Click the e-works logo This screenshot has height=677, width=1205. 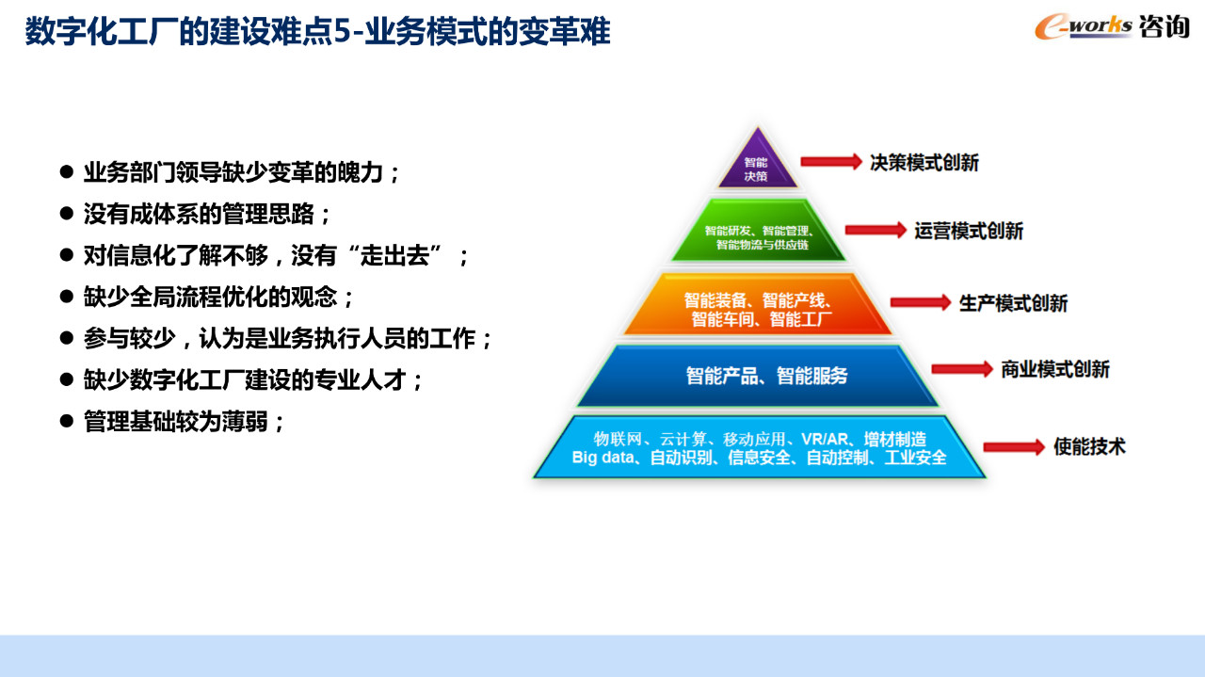click(x=1112, y=26)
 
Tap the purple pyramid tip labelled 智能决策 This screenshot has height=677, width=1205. click(x=758, y=161)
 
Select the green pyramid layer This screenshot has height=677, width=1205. click(x=759, y=231)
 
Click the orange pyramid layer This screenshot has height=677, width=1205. click(x=759, y=304)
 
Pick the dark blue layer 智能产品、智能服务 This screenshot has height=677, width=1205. click(x=759, y=376)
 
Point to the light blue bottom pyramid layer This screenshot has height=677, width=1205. click(x=759, y=446)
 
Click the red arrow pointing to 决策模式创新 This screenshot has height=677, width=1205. click(x=831, y=161)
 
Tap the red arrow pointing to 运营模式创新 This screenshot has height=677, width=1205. click(x=876, y=231)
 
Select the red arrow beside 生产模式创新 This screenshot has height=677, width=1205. click(x=921, y=302)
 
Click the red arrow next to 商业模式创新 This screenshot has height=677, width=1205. click(x=962, y=369)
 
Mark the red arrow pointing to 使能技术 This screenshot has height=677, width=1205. click(x=1014, y=447)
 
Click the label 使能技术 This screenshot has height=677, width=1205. click(x=1089, y=446)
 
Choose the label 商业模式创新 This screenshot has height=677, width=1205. click(x=1055, y=369)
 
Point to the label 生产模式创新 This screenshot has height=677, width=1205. click(x=1014, y=303)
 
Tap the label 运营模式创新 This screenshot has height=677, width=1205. click(x=969, y=231)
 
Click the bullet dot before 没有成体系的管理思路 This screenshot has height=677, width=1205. click(x=67, y=213)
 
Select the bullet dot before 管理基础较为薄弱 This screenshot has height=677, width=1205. click(x=67, y=420)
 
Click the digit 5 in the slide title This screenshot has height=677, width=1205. click(x=343, y=31)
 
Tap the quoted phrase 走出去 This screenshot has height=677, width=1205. click(x=394, y=255)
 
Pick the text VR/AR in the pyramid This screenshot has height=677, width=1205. click(x=824, y=439)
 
